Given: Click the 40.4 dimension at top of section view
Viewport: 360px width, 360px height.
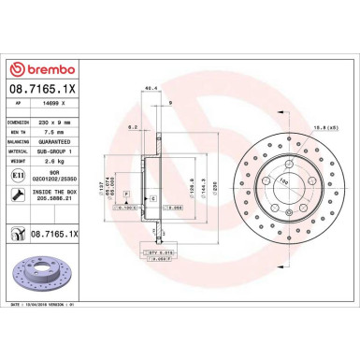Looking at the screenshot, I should point(148,89).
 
